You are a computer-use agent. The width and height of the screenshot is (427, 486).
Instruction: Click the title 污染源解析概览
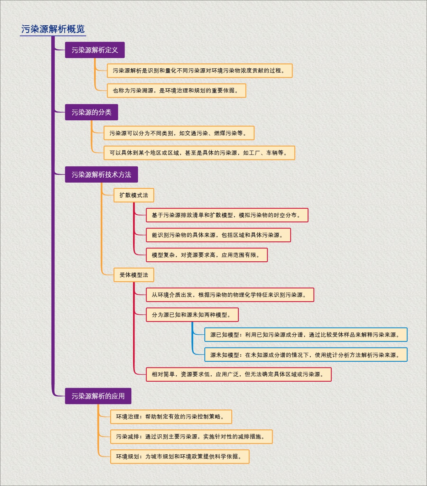53,29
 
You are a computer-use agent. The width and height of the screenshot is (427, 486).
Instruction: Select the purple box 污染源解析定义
95,50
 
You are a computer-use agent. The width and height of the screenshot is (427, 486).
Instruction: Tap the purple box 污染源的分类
91,112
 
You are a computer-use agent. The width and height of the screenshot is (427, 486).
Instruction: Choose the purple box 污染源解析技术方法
101,174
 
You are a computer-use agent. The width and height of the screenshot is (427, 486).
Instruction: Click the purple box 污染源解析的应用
98,396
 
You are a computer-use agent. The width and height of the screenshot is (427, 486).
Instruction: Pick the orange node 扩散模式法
134,195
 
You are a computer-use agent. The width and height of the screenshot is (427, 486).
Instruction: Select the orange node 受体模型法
134,275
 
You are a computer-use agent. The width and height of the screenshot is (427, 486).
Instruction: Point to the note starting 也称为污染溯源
176,90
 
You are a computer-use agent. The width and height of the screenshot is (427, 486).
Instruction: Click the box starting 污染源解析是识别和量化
200,70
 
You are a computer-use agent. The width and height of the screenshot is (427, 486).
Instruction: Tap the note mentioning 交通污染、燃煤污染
179,133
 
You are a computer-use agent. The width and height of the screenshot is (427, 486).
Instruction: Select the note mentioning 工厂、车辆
199,153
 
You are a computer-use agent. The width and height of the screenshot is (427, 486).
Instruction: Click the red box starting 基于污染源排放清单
227,215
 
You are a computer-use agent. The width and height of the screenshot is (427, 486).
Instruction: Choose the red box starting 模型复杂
207,255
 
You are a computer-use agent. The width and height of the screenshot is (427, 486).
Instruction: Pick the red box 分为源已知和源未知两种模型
192,315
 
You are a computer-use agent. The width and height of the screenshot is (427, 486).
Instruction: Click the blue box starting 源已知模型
306,335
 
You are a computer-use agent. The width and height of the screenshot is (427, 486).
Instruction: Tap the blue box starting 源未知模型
306,355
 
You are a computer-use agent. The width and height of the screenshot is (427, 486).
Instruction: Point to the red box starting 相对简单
239,374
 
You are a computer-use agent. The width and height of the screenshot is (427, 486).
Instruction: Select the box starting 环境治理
171,417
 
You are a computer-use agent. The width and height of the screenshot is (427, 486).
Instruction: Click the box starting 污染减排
191,437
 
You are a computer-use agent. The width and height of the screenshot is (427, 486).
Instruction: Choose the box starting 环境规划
180,456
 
